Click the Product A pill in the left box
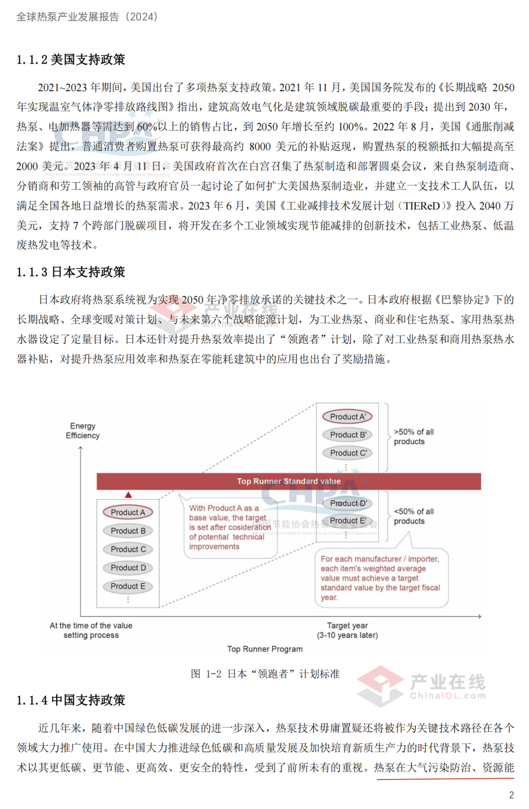[x=128, y=512]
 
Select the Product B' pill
[x=348, y=435]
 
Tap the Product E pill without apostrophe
[x=128, y=586]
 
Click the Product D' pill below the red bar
[x=348, y=504]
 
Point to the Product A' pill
[x=348, y=417]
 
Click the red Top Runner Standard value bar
[x=289, y=481]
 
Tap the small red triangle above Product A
[x=128, y=495]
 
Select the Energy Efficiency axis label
[x=83, y=430]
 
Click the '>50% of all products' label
[x=413, y=437]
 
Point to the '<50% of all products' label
[x=413, y=516]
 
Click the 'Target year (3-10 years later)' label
[x=347, y=631]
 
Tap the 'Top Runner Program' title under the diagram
[x=264, y=649]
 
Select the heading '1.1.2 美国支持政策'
[x=71, y=60]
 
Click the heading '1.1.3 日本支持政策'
[x=71, y=272]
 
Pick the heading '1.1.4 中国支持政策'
[x=71, y=700]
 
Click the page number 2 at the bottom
[x=511, y=795]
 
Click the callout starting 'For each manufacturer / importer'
[x=381, y=578]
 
